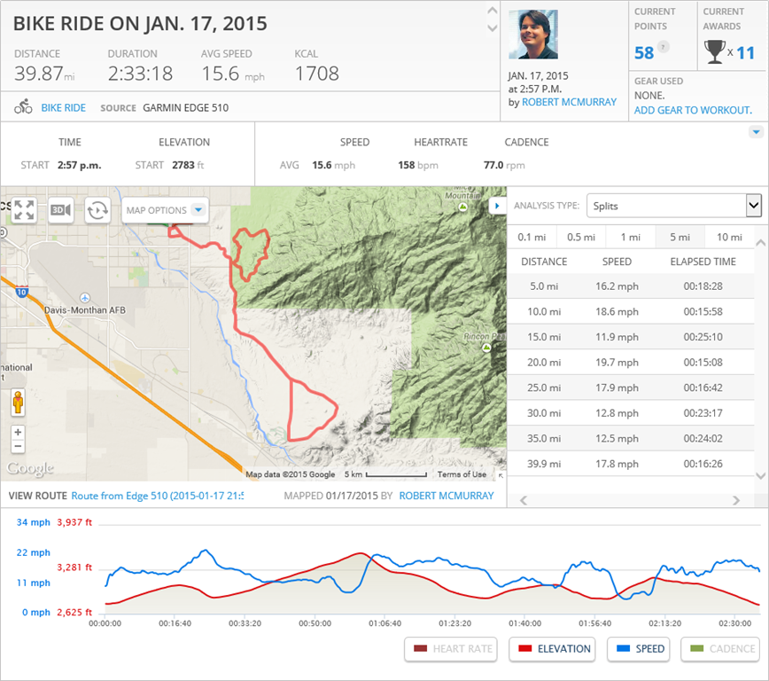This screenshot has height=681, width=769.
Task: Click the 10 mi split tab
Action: point(729,237)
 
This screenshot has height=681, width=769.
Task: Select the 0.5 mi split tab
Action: point(580,237)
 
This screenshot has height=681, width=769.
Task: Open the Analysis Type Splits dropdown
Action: point(673,206)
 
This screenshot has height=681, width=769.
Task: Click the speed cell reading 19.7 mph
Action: point(617,363)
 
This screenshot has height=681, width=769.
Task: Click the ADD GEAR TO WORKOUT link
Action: point(693,110)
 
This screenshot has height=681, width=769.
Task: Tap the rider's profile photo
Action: point(533,35)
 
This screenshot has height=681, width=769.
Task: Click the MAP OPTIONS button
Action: point(165,210)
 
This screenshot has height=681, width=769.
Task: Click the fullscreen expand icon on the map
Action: point(24,210)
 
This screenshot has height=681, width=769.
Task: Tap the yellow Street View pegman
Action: point(18,403)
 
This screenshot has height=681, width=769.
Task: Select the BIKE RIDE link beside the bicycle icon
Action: point(64,107)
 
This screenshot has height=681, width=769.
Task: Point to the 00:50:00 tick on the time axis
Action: point(315,623)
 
